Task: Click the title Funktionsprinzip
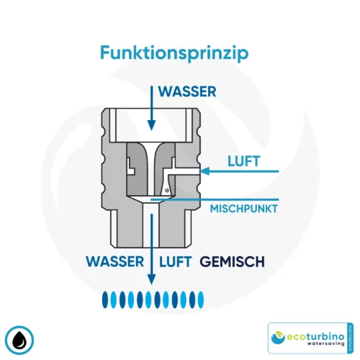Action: (179, 53)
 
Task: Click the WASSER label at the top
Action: (189, 93)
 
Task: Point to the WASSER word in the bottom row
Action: (114, 261)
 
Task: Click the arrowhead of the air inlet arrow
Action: (205, 171)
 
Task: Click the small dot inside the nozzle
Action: (167, 189)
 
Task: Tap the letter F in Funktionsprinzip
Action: (104, 53)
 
